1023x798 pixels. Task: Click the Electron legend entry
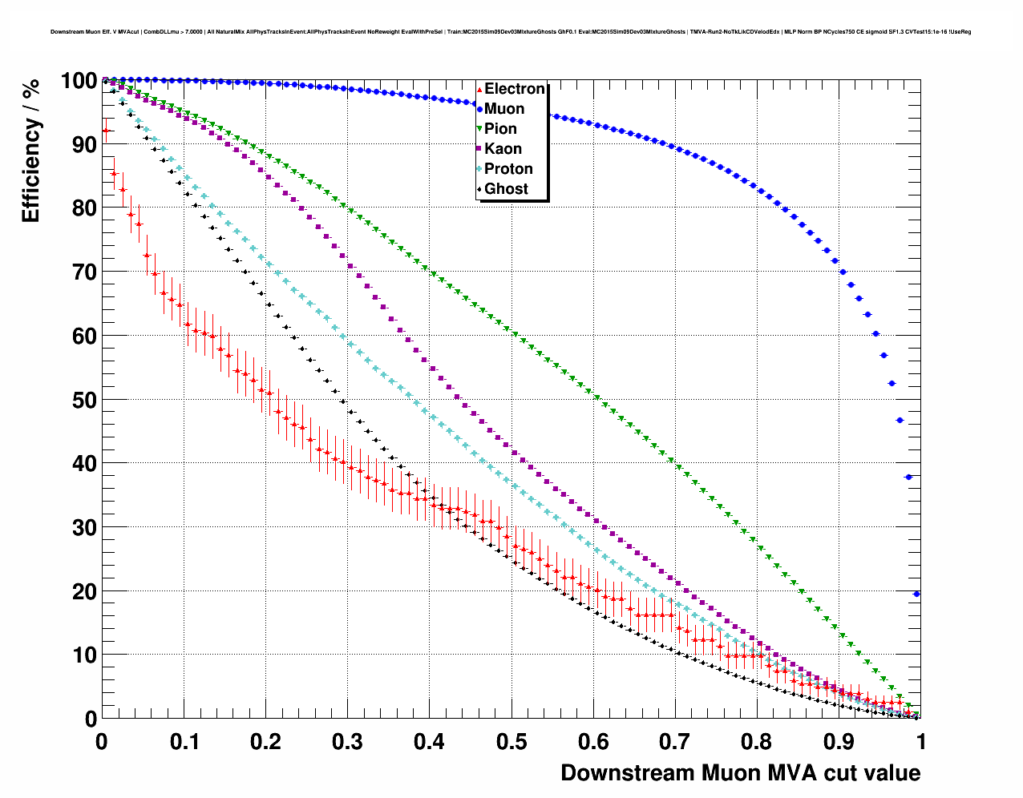(514, 89)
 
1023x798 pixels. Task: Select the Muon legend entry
(503, 109)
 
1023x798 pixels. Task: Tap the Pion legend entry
(500, 129)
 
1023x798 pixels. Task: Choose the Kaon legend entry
(503, 149)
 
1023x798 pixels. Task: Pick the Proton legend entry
(508, 169)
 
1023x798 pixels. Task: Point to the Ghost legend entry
(506, 189)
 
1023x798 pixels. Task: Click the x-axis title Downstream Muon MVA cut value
(740, 773)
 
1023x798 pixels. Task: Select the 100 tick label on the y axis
(79, 81)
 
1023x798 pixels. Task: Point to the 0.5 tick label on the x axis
(511, 742)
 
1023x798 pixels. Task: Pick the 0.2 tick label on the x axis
(265, 742)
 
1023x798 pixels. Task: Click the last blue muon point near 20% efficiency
(916, 594)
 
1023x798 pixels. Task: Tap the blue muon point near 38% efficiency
(908, 477)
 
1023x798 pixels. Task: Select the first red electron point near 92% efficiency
(105, 130)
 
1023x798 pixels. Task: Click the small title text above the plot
(511, 32)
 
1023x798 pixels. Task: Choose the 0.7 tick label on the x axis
(675, 742)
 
